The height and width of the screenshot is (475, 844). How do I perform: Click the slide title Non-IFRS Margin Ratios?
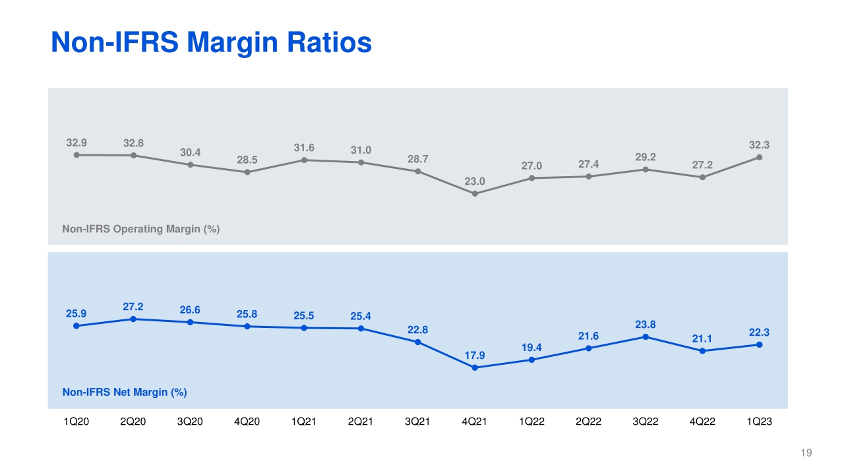pyautogui.click(x=211, y=44)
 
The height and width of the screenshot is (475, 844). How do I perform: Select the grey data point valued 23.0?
pyautogui.click(x=475, y=193)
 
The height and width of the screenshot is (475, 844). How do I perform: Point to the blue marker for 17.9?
pyautogui.click(x=475, y=367)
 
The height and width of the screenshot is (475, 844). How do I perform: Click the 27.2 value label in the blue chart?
pyautogui.click(x=133, y=307)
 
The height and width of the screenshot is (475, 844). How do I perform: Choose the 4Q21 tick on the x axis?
pyautogui.click(x=475, y=423)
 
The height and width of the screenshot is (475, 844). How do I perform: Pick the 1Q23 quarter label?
pyautogui.click(x=760, y=423)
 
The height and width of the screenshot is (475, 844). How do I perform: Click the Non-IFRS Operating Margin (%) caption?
pyautogui.click(x=140, y=229)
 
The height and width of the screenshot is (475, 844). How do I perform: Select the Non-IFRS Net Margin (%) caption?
pyautogui.click(x=125, y=392)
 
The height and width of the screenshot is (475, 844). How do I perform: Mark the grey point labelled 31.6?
pyautogui.click(x=304, y=160)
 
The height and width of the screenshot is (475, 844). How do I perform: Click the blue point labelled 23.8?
pyautogui.click(x=646, y=337)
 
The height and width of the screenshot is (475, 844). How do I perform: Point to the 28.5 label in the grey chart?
pyautogui.click(x=247, y=160)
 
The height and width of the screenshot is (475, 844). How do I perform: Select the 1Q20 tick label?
pyautogui.click(x=76, y=423)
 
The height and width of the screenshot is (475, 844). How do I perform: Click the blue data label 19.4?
pyautogui.click(x=531, y=347)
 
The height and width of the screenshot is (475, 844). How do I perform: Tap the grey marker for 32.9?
pyautogui.click(x=76, y=154)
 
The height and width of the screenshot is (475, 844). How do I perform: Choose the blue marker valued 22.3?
pyautogui.click(x=760, y=344)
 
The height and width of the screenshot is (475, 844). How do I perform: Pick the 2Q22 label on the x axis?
pyautogui.click(x=589, y=423)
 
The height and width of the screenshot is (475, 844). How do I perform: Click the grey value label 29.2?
pyautogui.click(x=646, y=158)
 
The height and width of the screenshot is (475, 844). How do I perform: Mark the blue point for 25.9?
pyautogui.click(x=76, y=325)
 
